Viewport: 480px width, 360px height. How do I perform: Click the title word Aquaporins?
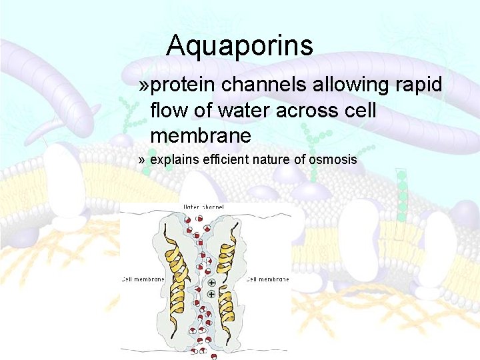[x=239, y=46]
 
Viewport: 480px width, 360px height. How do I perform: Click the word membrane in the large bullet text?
[x=201, y=136]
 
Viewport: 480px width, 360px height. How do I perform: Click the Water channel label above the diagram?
[x=204, y=207]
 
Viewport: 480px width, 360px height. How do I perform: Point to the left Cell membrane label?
[x=143, y=279]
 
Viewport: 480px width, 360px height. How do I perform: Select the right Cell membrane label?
[x=268, y=279]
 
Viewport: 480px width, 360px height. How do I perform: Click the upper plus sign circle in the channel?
[x=212, y=283]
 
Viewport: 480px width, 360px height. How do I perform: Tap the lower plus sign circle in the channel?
[x=212, y=294]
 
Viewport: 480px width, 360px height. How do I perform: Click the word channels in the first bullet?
[x=259, y=85]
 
